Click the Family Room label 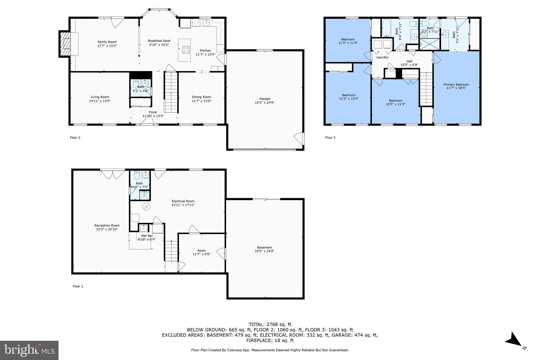107,42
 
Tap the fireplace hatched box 65,44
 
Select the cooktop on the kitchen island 186,50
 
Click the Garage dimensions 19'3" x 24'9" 264,103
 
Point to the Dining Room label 201,97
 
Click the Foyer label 153,112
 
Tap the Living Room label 100,97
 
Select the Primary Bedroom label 456,85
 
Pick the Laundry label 382,57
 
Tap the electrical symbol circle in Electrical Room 146,207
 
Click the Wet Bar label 147,236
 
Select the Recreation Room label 107,225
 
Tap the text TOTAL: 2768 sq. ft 270,324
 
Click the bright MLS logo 29,350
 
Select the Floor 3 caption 330,137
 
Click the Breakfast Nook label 159,41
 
